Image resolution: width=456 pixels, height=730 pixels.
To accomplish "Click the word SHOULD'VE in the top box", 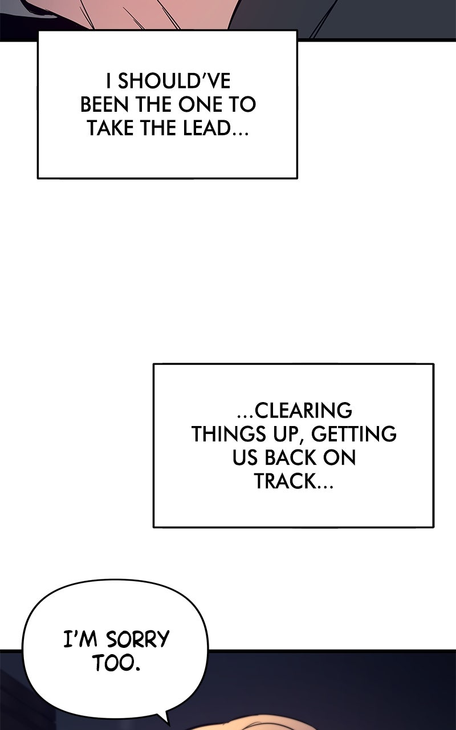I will click(x=174, y=81).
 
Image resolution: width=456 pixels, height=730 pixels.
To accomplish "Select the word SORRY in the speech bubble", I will click(x=138, y=639).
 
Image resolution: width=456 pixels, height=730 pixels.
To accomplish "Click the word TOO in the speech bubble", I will click(x=112, y=664).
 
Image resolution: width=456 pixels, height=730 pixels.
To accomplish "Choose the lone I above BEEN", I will click(x=109, y=81).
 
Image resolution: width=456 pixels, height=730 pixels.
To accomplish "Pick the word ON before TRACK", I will click(x=339, y=458).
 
